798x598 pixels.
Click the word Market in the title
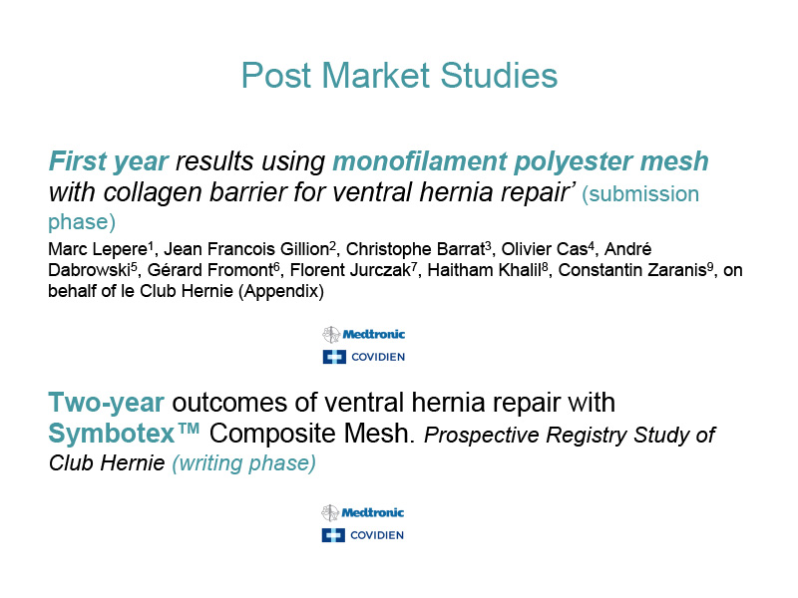pos(376,76)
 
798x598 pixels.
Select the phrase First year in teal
pos(108,161)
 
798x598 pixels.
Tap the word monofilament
pos(420,160)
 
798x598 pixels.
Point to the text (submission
pos(640,194)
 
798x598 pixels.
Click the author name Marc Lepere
pos(98,250)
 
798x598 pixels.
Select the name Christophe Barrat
pos(415,250)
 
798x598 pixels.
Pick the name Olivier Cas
pos(545,249)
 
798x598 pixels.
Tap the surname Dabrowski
pos(89,270)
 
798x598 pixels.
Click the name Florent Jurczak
pos(350,270)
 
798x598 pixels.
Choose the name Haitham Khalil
pos(484,270)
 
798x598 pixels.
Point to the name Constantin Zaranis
pos(632,270)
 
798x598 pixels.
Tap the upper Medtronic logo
pos(363,335)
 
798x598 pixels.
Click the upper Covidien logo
pos(364,357)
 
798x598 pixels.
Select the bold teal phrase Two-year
pos(106,404)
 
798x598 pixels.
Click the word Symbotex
pos(112,434)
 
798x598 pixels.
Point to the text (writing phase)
pos(243,463)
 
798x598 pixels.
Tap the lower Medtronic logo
pos(362,512)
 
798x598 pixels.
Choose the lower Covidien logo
pos(363,535)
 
